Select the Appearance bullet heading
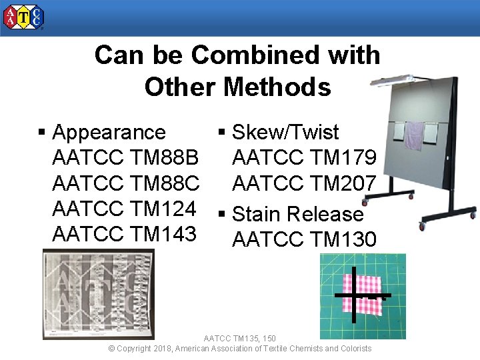[109, 132]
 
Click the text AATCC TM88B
[125, 158]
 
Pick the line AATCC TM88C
[125, 183]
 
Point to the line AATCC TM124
[125, 209]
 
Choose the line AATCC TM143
[125, 234]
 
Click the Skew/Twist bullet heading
[285, 132]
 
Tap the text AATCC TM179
[304, 158]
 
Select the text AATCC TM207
[304, 183]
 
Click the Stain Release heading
[297, 214]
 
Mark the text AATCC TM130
[304, 239]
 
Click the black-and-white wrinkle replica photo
[99, 294]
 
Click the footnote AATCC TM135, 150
[239, 339]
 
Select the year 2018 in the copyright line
[162, 349]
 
